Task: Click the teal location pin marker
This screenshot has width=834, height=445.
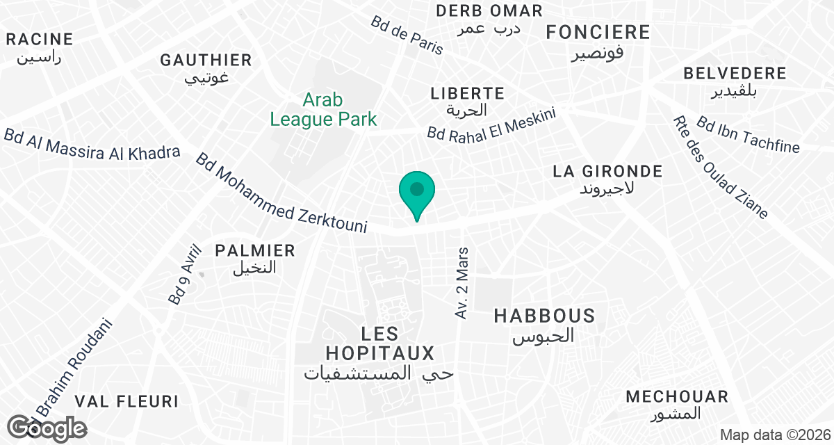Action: [417, 194]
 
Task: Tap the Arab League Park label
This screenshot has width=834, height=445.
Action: [323, 110]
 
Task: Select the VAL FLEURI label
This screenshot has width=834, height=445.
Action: [126, 401]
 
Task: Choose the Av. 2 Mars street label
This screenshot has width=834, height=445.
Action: [463, 282]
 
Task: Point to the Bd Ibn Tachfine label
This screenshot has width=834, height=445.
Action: [748, 135]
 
